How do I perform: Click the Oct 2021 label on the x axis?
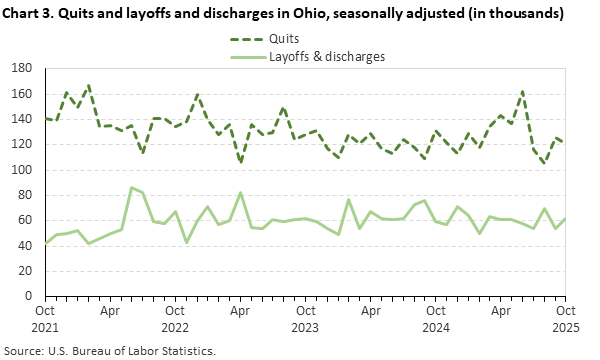pyautogui.click(x=44, y=318)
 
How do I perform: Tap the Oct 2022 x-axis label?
pyautogui.click(x=175, y=318)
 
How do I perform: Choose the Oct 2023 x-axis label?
pyautogui.click(x=305, y=318)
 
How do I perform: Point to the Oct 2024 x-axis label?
pyautogui.click(x=435, y=318)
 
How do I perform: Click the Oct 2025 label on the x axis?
pyautogui.click(x=565, y=318)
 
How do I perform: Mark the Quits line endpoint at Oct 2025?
pyautogui.click(x=565, y=142)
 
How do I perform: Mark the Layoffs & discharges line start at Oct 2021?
pyautogui.click(x=44, y=243)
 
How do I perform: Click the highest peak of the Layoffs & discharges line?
pyautogui.click(x=131, y=187)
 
